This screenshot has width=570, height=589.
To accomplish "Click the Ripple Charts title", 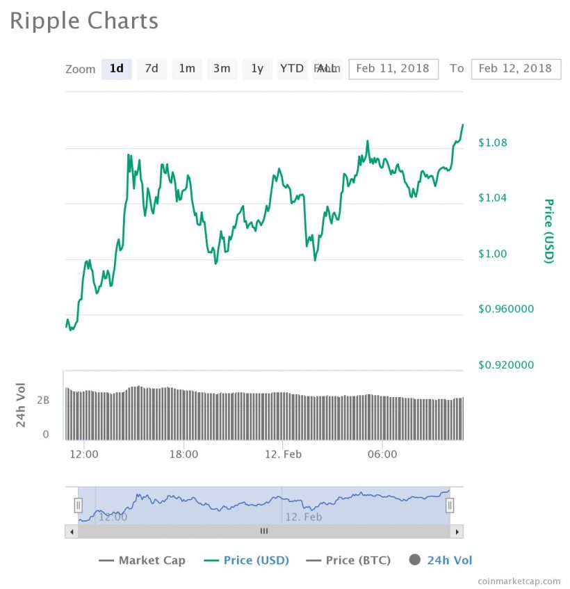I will coord(84,21).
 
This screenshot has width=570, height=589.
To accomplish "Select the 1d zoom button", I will coord(117,68).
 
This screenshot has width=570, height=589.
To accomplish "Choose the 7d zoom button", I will coord(152,68).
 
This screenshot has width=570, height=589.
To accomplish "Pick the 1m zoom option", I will coord(187,68).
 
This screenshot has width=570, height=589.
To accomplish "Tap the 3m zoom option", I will coord(222,68).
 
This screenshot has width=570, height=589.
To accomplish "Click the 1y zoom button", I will coord(257,68).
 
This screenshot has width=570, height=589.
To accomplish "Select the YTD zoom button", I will coord(292,68).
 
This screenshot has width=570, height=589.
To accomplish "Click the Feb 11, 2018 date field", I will coord(393,68).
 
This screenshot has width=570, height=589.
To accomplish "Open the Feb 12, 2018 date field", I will coord(515,68).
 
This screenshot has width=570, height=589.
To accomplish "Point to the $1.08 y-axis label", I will coord(493,143).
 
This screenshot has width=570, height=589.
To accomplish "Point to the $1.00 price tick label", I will coord(493,254).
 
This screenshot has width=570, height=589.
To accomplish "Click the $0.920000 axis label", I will coord(506,365).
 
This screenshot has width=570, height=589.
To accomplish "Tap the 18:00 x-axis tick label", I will coord(184,454).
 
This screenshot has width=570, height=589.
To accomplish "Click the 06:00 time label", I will coord(382,454).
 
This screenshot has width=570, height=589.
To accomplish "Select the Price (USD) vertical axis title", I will coord(548,231).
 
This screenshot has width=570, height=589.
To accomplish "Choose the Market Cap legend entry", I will coord(142,560).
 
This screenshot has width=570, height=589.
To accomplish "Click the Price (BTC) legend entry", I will coord(348,560).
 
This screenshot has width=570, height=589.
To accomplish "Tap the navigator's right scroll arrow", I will coord(457,531).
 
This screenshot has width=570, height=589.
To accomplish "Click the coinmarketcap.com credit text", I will coord(519,581).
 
